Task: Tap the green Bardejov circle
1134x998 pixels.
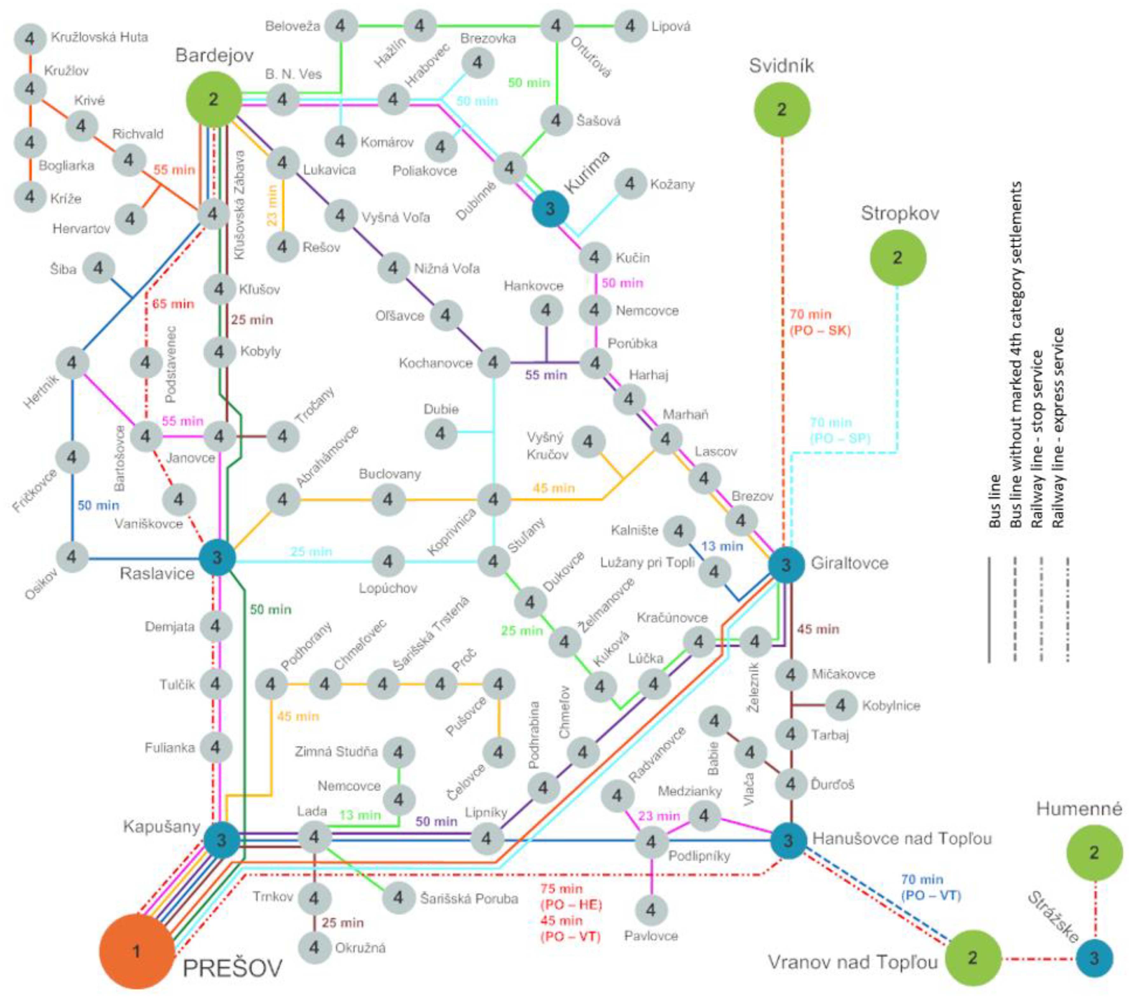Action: (x=214, y=100)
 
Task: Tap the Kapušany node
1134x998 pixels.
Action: (x=221, y=840)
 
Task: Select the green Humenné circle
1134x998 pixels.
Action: (x=1094, y=852)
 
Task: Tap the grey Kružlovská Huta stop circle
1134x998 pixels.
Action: (x=30, y=38)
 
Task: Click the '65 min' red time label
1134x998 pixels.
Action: (x=173, y=304)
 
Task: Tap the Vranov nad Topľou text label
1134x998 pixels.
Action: (x=852, y=962)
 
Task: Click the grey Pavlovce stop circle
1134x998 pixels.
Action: (x=651, y=909)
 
